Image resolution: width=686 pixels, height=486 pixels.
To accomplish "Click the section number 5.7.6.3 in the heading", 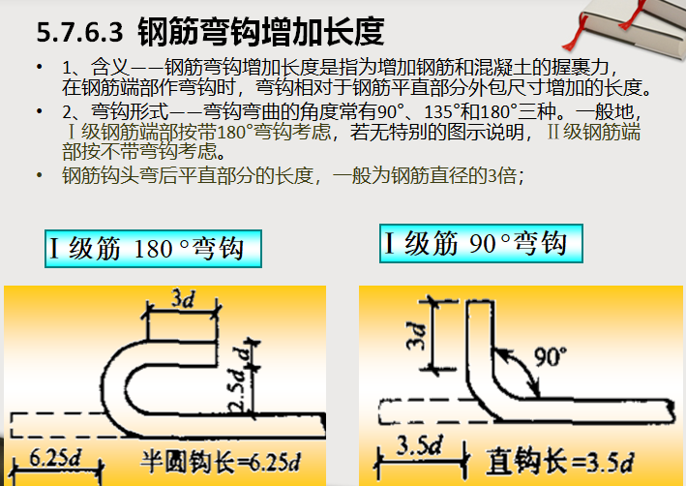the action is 80,34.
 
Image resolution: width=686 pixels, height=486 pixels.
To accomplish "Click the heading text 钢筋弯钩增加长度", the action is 260,33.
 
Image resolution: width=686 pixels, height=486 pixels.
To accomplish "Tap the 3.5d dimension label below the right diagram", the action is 417,448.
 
